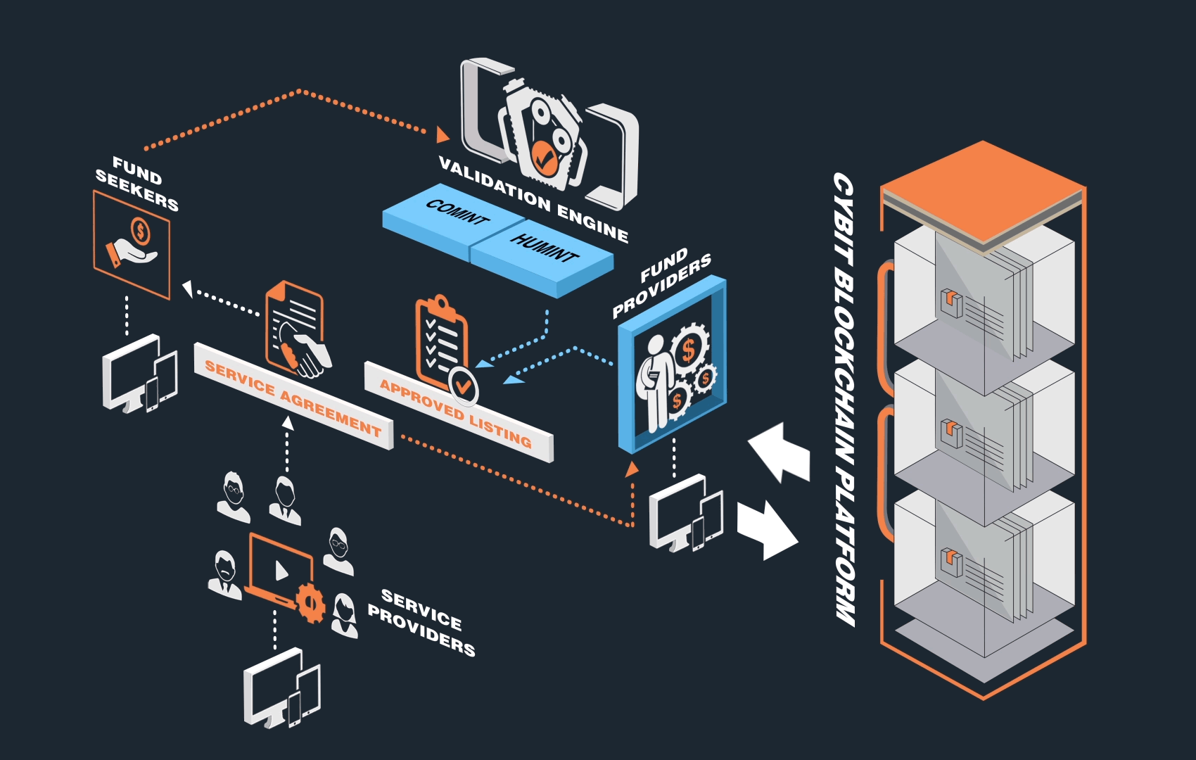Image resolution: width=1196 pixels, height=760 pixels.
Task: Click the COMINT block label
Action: point(457,212)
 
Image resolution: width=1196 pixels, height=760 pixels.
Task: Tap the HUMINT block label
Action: point(544,247)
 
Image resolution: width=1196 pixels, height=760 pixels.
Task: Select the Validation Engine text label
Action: point(533,199)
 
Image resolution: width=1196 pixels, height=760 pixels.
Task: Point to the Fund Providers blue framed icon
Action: point(672,366)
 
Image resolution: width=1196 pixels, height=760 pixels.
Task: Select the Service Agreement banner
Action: point(293,397)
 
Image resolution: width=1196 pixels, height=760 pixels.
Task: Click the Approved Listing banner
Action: point(457,412)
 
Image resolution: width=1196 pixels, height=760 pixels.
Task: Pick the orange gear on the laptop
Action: point(310,602)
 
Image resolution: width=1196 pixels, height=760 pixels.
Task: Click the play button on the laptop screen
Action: point(281,570)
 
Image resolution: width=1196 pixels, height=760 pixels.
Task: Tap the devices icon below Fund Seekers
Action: point(139,374)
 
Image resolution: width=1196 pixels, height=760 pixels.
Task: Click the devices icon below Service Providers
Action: point(281,690)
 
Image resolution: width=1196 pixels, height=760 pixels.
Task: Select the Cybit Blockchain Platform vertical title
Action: point(844,398)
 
